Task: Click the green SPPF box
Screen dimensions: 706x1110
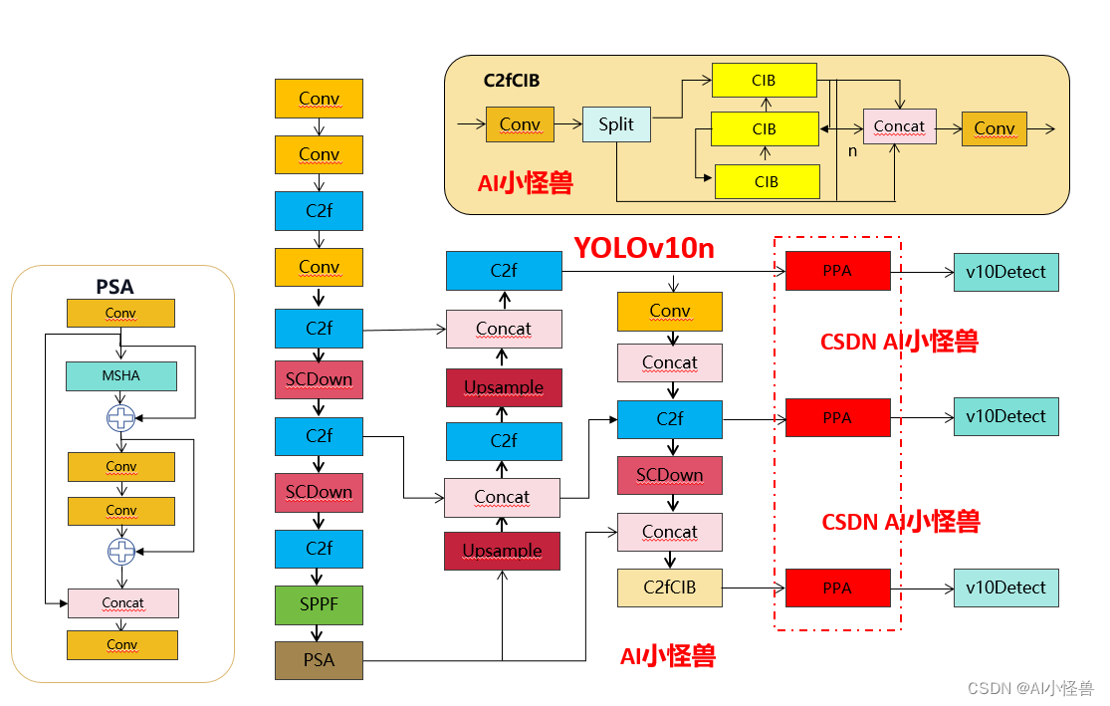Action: coord(319,604)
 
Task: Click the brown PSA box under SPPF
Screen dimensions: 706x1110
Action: coord(319,660)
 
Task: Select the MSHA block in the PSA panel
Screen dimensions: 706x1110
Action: coord(121,375)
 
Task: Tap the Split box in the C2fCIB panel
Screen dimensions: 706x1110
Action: coord(616,124)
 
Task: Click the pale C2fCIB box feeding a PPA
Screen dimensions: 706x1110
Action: coord(669,588)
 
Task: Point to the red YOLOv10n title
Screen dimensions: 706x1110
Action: coord(643,248)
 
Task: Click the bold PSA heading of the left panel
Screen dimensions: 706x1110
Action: coord(114,287)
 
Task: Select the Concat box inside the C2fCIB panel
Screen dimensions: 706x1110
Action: coord(899,126)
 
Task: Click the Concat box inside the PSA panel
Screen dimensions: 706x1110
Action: coord(122,602)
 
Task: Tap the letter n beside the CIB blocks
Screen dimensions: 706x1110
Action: coord(852,151)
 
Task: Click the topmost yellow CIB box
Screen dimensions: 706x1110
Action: coord(764,81)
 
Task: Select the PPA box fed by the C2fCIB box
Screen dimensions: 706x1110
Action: coord(837,588)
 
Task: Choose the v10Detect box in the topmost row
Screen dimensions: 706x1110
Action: coord(1005,272)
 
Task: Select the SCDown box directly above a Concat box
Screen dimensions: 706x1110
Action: coord(669,475)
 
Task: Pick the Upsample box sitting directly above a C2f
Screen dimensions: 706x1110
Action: coord(503,387)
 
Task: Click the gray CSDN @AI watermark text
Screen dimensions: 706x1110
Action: coord(1029,688)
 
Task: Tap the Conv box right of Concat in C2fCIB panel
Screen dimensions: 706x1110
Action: coord(994,128)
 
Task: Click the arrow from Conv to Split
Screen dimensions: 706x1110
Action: coord(567,124)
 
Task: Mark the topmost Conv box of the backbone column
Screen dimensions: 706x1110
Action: coord(319,99)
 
